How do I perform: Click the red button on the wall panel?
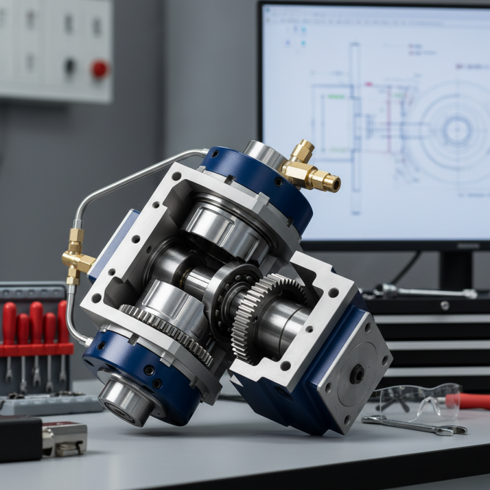click(x=100, y=69)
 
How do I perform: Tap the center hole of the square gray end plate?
click(x=356, y=374)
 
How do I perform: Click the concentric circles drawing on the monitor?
click(x=456, y=129)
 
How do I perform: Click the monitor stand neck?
click(x=456, y=270)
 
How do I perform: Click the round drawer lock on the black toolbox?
click(x=445, y=305)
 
